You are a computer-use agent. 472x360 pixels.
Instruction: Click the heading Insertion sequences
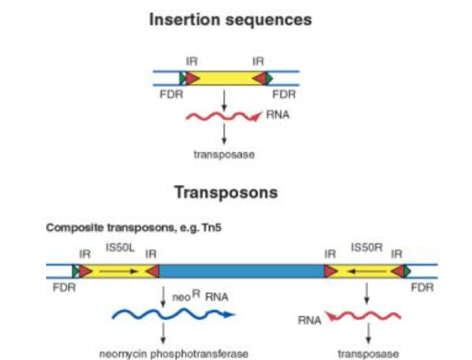coord(230,20)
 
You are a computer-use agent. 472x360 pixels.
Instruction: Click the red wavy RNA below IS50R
coord(365,315)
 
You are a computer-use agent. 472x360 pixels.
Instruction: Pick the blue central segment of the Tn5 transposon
coord(242,271)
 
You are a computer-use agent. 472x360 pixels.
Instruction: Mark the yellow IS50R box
coord(366,271)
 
